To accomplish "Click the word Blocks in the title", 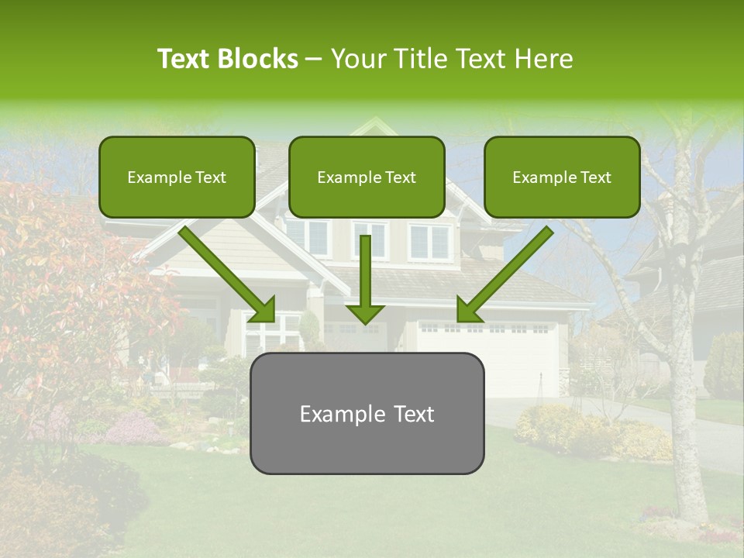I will coord(258,59).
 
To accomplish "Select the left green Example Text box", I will coord(177,177).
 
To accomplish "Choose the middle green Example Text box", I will coord(367,177).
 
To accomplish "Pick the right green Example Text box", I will coord(562,177).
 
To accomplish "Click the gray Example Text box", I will coord(367,413).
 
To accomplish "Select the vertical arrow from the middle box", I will coord(366,271).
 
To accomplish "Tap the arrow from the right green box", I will coord(508,271).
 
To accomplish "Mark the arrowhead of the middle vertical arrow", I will coord(366,313).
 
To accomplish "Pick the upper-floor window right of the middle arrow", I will coord(428,241).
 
